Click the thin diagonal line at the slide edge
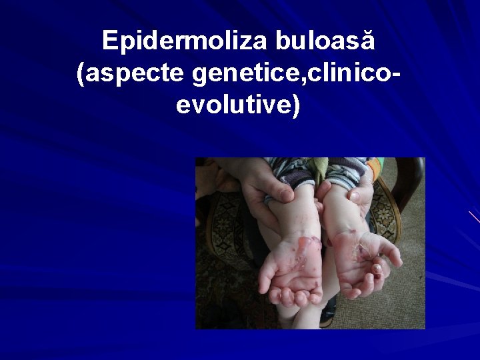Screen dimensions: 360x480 coord(473,217)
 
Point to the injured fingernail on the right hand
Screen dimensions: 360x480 coord(377,269)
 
